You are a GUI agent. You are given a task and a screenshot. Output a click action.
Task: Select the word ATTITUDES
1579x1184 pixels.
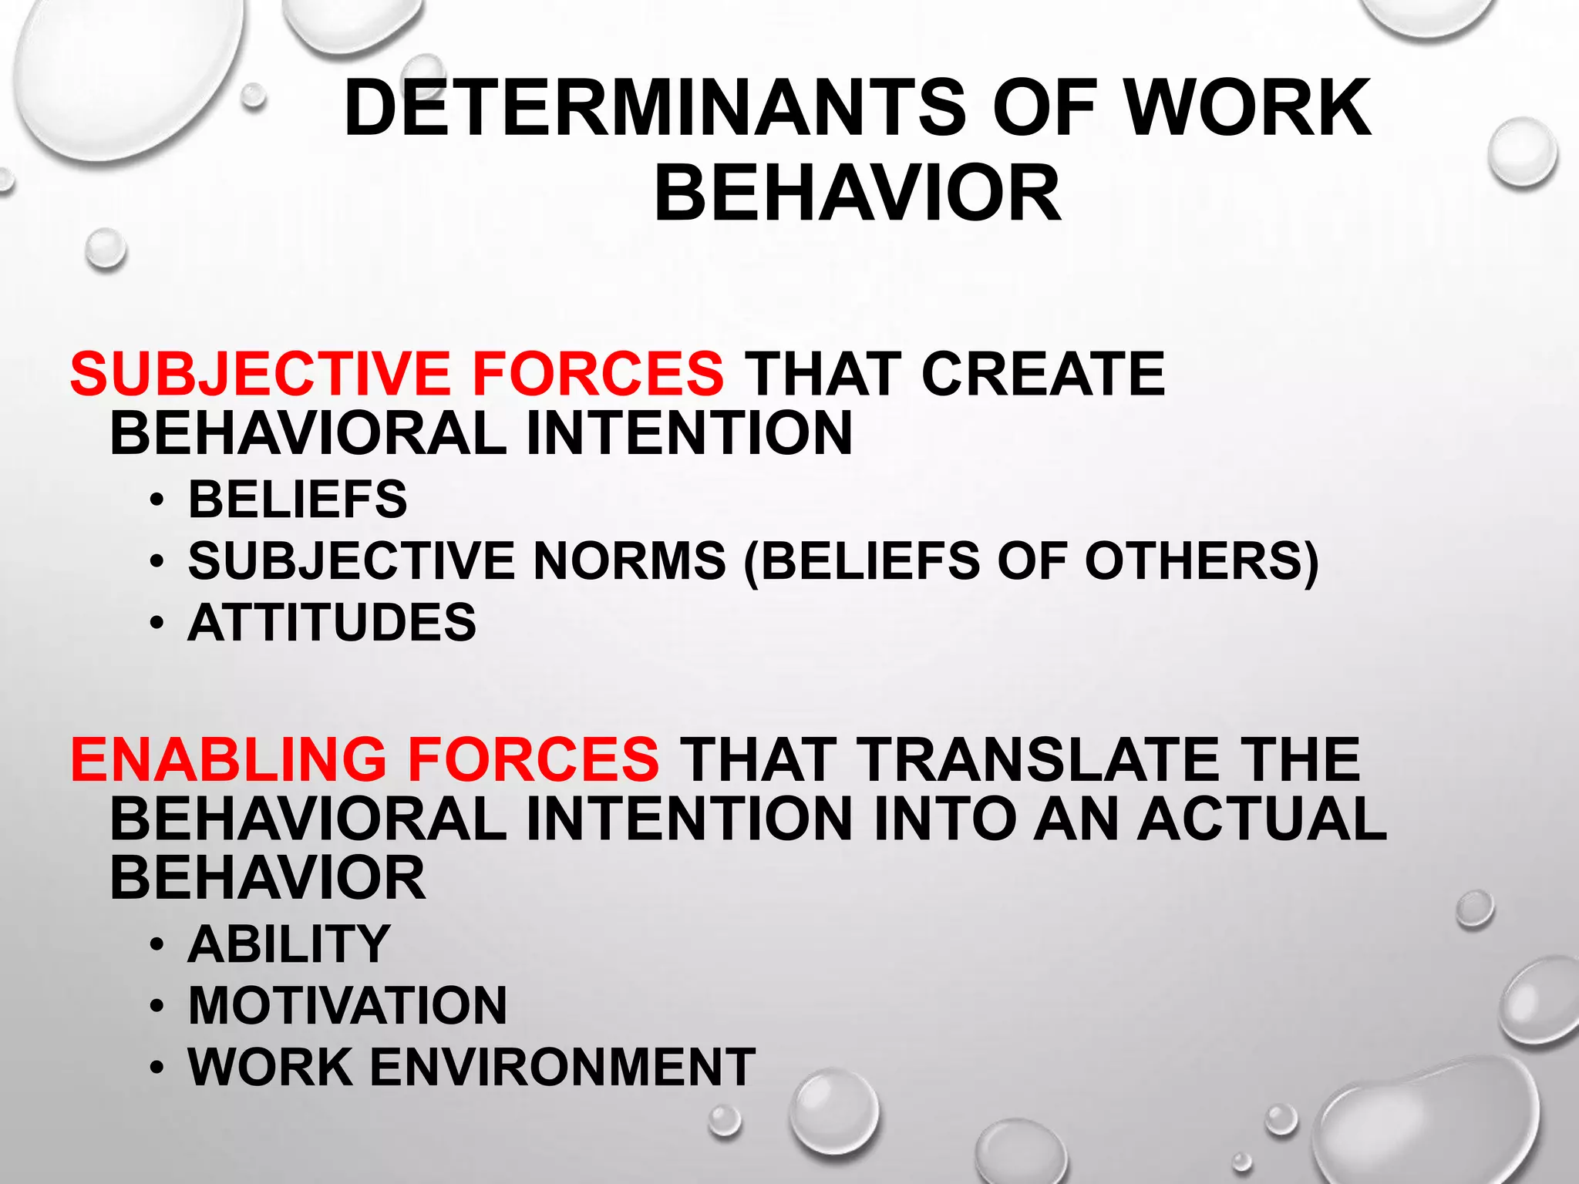pos(332,622)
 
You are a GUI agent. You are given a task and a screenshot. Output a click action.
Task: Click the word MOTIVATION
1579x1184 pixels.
pos(348,1005)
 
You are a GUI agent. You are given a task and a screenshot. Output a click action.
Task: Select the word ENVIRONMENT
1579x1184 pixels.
pos(563,1067)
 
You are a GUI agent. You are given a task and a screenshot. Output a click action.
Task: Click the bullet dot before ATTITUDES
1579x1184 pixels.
pos(157,624)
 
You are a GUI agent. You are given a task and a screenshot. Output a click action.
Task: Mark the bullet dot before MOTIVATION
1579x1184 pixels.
pos(157,1007)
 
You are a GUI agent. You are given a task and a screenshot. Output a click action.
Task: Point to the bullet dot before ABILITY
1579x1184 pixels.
pos(157,945)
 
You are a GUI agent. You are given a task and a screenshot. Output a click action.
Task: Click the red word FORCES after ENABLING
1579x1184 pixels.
pos(533,759)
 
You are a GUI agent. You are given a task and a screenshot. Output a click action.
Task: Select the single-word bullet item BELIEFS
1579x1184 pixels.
pos(298,499)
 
